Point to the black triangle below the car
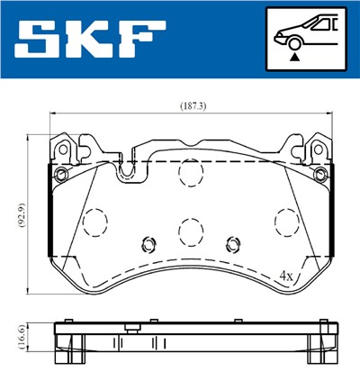pyautogui.click(x=293, y=57)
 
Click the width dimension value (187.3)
pyautogui.click(x=192, y=105)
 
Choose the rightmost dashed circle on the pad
pyautogui.click(x=286, y=221)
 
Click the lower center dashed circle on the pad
pyautogui.click(x=190, y=231)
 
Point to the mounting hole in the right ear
pyautogui.click(x=320, y=173)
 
